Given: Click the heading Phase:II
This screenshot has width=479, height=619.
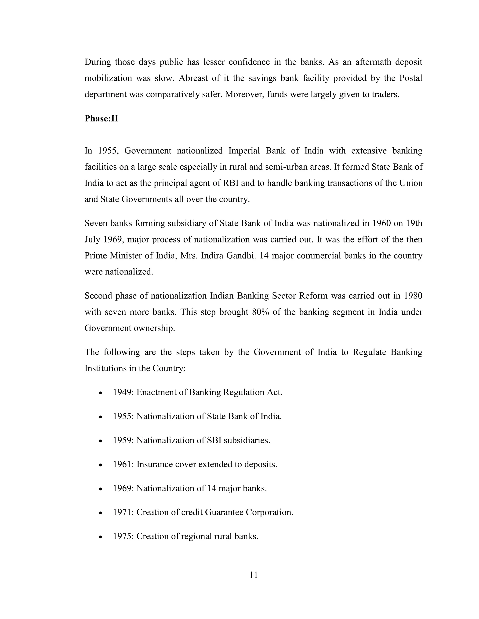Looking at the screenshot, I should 101,118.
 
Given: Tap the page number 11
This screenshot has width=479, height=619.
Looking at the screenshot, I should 253,575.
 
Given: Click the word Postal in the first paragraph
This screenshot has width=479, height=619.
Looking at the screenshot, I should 411,78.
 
